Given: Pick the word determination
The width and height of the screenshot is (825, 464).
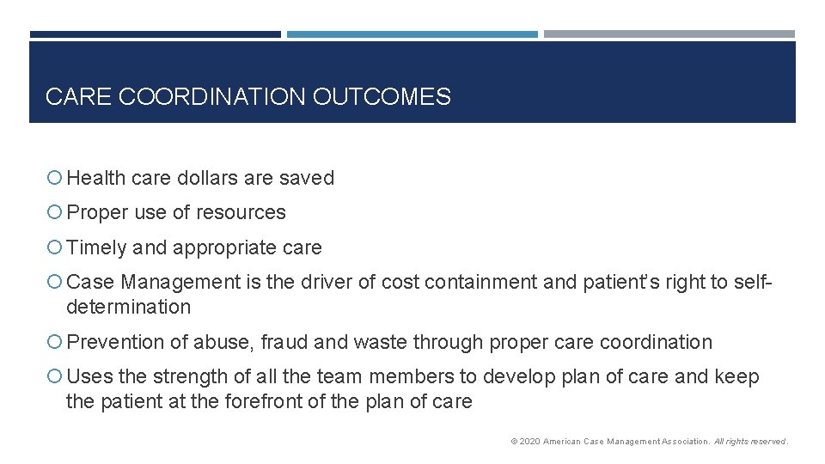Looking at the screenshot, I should (128, 307).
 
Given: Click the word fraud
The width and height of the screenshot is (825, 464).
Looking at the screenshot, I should (284, 342).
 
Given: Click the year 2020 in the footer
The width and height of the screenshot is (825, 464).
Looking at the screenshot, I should (529, 442).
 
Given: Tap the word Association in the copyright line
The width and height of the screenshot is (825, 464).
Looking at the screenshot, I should (681, 442).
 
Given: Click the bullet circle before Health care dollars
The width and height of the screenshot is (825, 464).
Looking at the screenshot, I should (55, 179).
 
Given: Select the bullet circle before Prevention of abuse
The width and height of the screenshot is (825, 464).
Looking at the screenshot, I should (55, 342).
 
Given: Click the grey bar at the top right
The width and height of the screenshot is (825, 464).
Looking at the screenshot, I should (669, 34).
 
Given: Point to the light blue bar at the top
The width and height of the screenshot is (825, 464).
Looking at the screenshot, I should (412, 34).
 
